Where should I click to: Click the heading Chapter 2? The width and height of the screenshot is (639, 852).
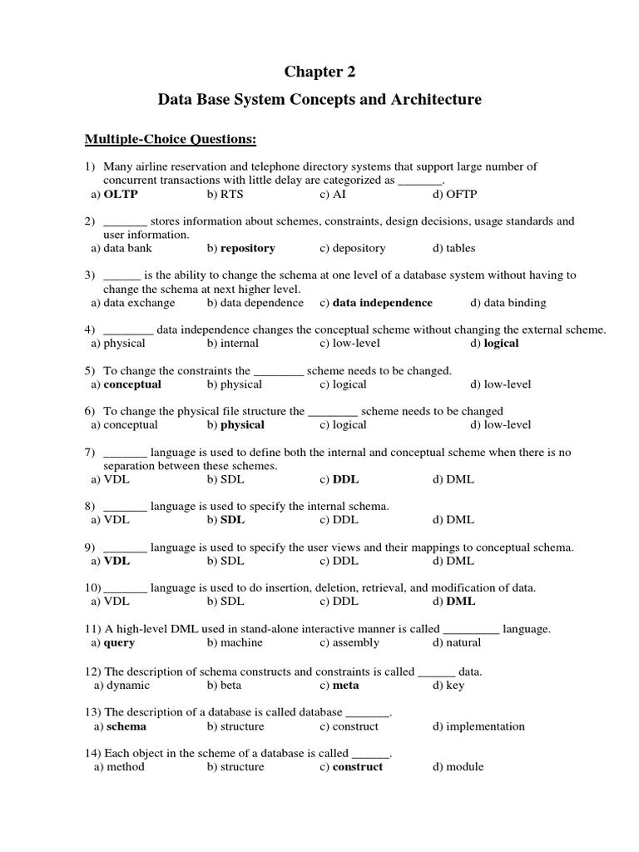pos(319,72)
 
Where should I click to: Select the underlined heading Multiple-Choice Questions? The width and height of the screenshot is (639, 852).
pos(171,138)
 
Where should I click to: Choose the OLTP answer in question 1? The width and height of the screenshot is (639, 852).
pos(120,195)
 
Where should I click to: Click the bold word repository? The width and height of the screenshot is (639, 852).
pos(247,248)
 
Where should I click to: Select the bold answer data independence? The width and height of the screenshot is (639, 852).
pos(383,303)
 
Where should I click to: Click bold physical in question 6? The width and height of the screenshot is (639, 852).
pos(242,424)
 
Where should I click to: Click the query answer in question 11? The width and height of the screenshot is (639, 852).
pos(119,642)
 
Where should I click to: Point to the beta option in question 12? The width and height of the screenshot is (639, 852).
pos(230,686)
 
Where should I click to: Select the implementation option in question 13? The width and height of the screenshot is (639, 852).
pos(485,726)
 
